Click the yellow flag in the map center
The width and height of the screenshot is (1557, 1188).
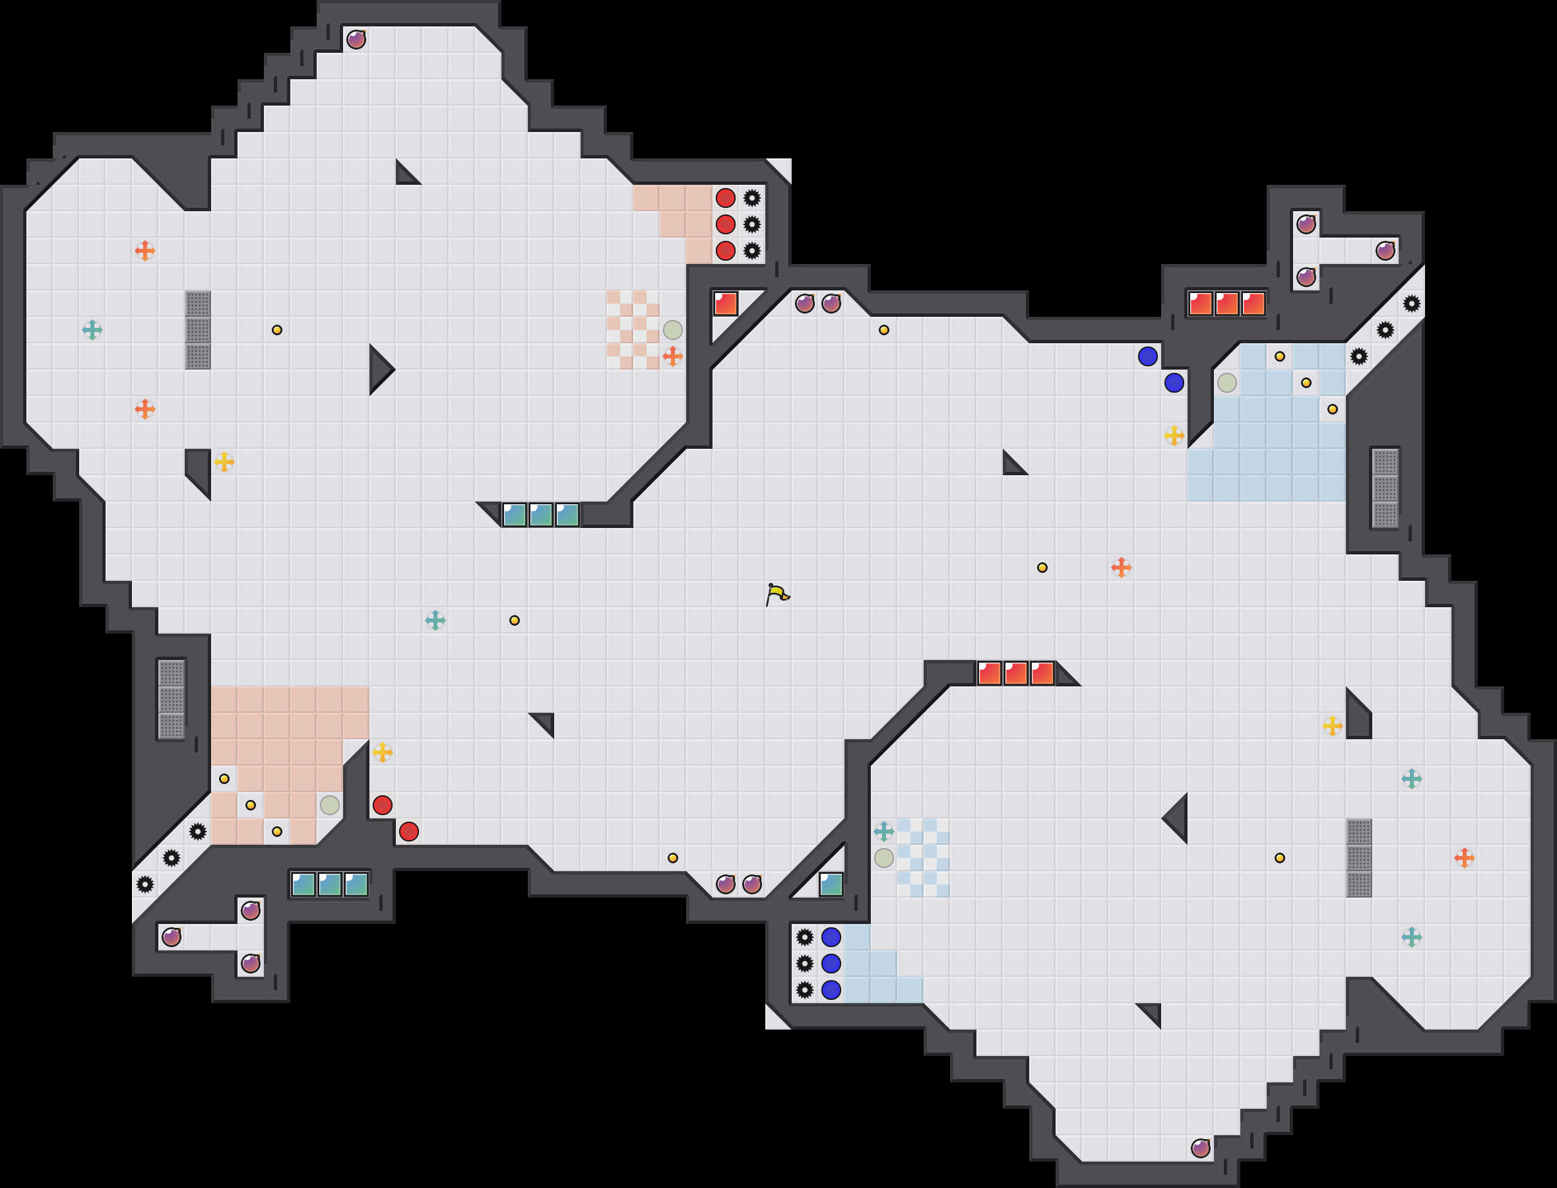click(x=777, y=594)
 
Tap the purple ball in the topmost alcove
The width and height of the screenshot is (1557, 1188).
click(x=356, y=40)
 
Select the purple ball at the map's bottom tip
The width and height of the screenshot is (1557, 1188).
click(x=1200, y=1148)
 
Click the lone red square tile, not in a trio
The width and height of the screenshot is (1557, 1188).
click(x=725, y=304)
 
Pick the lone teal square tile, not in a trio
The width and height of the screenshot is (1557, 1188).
click(x=831, y=884)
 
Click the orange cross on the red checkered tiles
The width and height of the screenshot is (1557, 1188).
click(x=672, y=356)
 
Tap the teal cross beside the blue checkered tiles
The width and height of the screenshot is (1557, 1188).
click(x=883, y=832)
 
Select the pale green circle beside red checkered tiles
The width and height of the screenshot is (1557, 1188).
click(x=672, y=330)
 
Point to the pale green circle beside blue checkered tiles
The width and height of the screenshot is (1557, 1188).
click(x=883, y=858)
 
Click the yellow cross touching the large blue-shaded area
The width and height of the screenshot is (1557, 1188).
click(x=1174, y=436)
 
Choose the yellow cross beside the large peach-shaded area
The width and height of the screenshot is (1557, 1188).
click(x=383, y=752)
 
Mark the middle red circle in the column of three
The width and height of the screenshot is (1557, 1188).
click(x=725, y=225)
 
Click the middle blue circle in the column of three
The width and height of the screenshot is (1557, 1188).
click(x=831, y=963)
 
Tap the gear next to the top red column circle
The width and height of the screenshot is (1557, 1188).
click(x=752, y=198)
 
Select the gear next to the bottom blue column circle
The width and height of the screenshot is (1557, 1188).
click(x=804, y=990)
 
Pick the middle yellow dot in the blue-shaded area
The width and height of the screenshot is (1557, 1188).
click(x=1306, y=383)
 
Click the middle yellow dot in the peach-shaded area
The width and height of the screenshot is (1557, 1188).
click(x=250, y=805)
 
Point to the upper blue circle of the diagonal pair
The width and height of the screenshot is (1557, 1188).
click(x=1148, y=356)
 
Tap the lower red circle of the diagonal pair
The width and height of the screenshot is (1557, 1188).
click(x=408, y=832)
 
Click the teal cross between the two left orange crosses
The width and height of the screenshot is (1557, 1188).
click(x=92, y=330)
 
